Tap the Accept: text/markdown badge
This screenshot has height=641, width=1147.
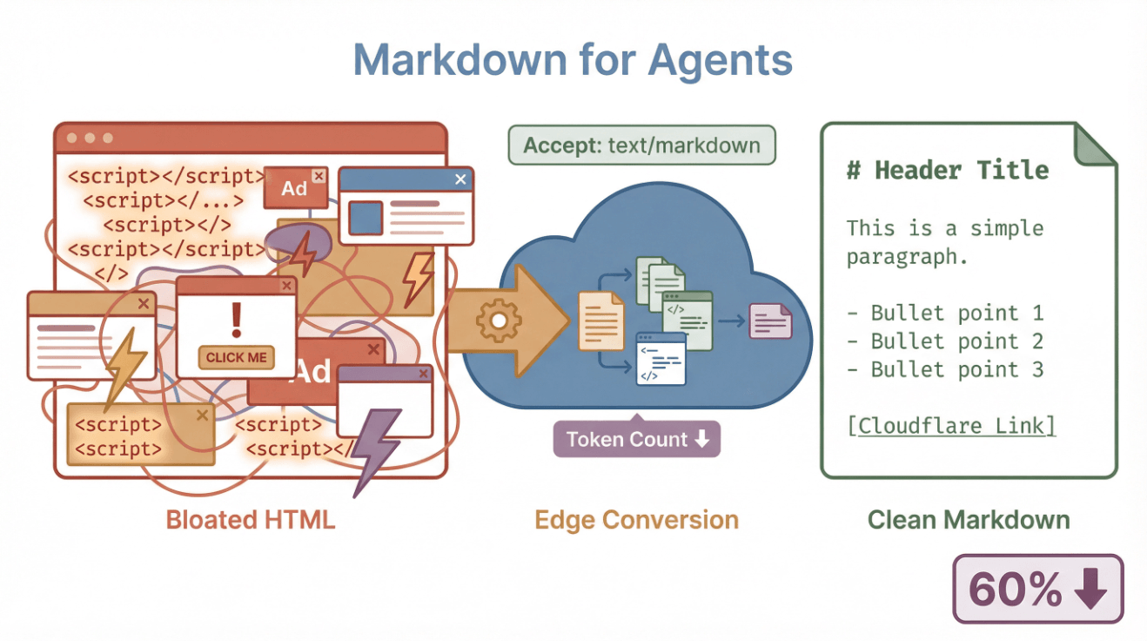pyautogui.click(x=641, y=145)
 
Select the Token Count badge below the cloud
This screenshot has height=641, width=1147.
pyautogui.click(x=637, y=440)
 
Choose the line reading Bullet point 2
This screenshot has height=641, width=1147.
pyautogui.click(x=945, y=341)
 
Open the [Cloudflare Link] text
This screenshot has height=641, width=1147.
pyautogui.click(x=951, y=426)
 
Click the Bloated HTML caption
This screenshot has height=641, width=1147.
pyautogui.click(x=251, y=520)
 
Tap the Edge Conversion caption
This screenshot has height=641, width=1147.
pyautogui.click(x=636, y=520)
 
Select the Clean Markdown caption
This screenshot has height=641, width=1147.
pyautogui.click(x=969, y=520)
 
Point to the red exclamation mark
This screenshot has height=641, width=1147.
pyautogui.click(x=236, y=320)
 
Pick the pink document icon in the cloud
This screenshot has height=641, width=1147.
pyautogui.click(x=770, y=320)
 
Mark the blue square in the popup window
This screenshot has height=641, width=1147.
pyautogui.click(x=366, y=218)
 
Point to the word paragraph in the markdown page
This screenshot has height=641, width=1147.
pyautogui.click(x=907, y=258)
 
